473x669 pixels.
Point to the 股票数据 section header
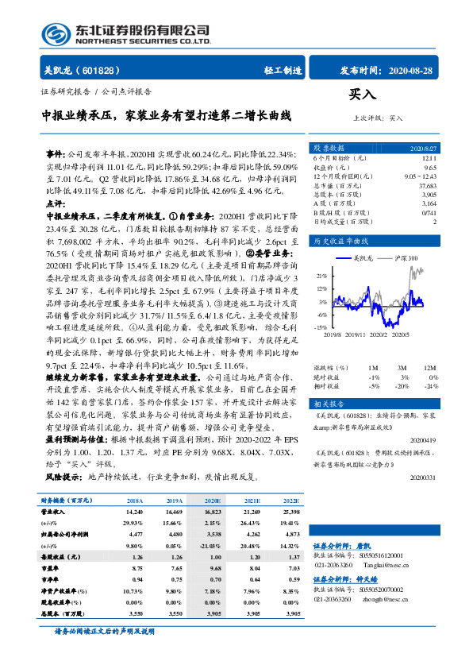(x=329, y=148)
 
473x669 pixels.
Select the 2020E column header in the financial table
(x=213, y=501)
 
